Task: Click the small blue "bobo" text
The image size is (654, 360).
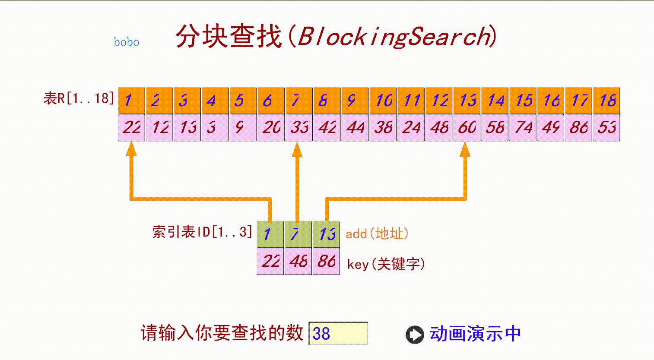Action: (x=126, y=42)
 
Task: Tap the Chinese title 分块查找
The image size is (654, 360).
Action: (x=229, y=36)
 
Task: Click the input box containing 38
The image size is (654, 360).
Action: (x=338, y=333)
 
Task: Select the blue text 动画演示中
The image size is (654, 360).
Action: (x=475, y=334)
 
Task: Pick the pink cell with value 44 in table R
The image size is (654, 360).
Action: (x=355, y=127)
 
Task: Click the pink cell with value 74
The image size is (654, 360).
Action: (x=523, y=127)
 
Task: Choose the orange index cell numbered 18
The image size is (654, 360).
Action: (x=606, y=101)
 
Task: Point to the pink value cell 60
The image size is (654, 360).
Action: (x=467, y=127)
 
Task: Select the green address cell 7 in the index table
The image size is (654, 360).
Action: (x=298, y=234)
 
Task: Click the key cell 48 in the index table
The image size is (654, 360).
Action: (x=298, y=261)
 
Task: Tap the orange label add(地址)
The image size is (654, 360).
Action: (x=377, y=234)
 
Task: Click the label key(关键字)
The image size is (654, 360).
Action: (x=386, y=264)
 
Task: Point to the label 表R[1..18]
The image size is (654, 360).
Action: (x=79, y=98)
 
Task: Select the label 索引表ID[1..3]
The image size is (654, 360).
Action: (x=202, y=232)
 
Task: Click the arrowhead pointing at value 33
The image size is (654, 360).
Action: (x=297, y=149)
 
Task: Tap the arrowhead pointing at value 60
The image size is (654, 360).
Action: (x=465, y=149)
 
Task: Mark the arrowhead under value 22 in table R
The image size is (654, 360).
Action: (x=131, y=149)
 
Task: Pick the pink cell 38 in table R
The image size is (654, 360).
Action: (x=383, y=127)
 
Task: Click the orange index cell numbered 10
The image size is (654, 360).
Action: (x=383, y=101)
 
